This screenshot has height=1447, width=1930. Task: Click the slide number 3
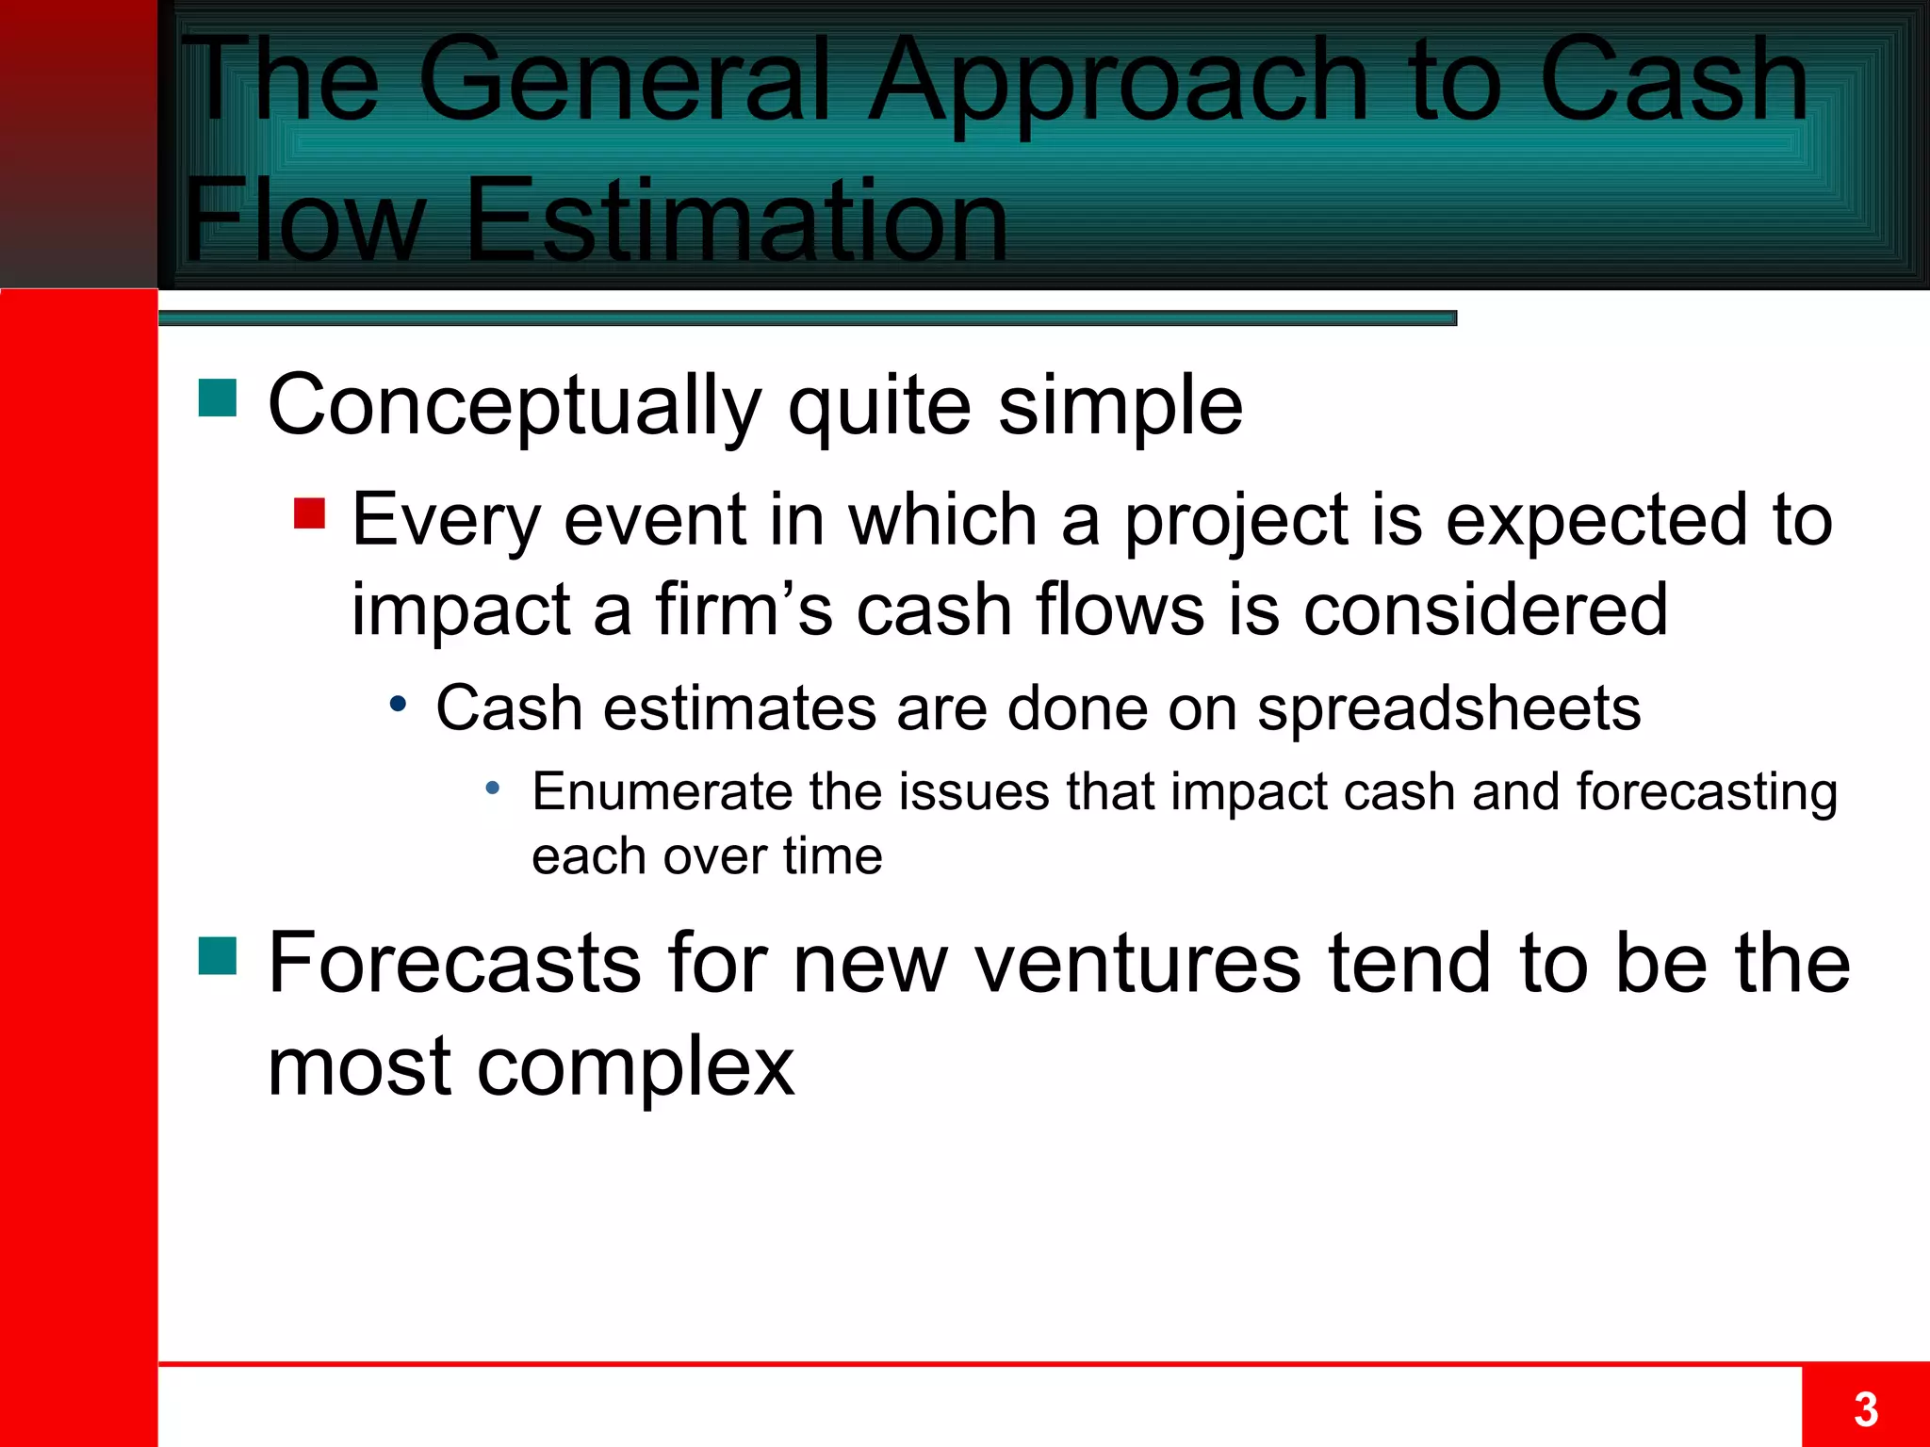1865,1410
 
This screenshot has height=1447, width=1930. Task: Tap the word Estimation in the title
736,220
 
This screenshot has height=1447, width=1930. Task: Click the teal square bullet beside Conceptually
217,398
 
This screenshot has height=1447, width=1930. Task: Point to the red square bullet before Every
309,513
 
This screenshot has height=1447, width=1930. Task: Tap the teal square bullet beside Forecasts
217,955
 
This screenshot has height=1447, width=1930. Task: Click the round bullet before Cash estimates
399,704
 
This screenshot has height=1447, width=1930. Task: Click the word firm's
744,610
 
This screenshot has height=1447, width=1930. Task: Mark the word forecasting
1706,793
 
